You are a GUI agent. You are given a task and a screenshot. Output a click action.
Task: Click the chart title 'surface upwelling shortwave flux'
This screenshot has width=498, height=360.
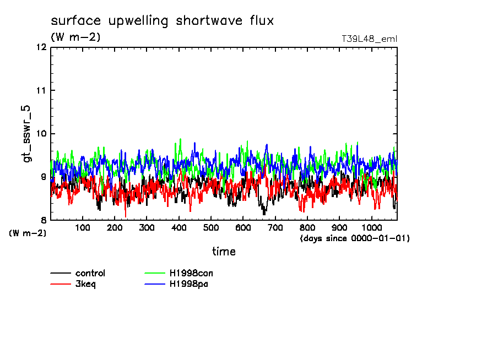pos(162,21)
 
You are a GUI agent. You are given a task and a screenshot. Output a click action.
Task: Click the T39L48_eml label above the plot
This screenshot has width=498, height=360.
pos(370,39)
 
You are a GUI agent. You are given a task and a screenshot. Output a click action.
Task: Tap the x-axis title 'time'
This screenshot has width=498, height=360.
pos(224,252)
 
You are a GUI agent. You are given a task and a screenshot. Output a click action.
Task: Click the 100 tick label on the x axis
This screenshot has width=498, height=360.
pos(83,228)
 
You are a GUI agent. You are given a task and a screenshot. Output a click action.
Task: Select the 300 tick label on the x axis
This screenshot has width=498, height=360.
pos(147,228)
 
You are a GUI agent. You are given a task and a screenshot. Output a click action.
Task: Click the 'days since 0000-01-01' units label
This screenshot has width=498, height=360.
pos(355,238)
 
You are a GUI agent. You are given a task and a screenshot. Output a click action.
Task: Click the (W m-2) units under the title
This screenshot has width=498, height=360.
pos(75,37)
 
